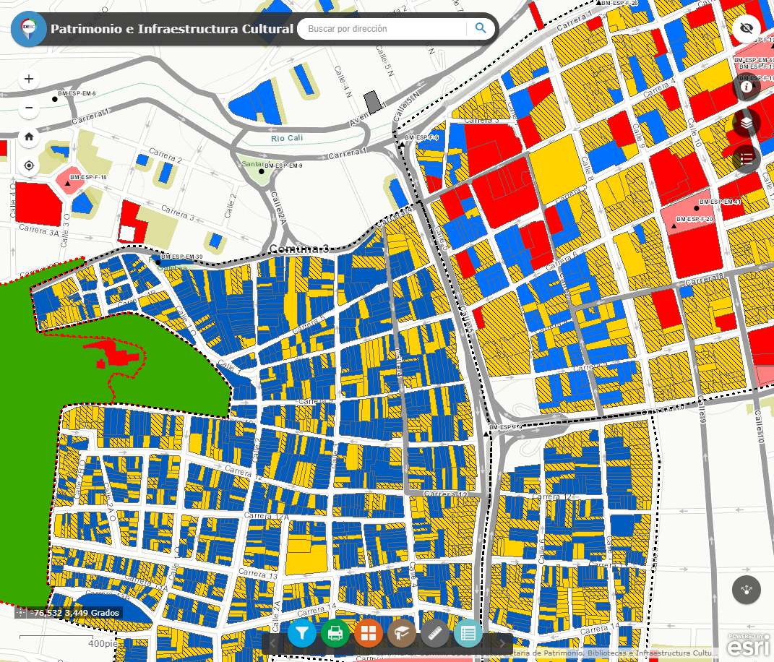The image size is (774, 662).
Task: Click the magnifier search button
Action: (x=481, y=29)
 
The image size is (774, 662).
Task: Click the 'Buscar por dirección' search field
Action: (x=382, y=29)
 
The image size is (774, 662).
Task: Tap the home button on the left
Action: (x=29, y=136)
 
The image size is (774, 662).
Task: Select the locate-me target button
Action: (x=29, y=165)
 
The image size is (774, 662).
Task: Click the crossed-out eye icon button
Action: (x=747, y=29)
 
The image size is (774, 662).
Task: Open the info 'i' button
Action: (x=747, y=87)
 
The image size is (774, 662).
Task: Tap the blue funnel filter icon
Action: (x=302, y=634)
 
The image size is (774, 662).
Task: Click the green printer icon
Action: (x=335, y=634)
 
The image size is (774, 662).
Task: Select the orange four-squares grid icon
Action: (x=369, y=634)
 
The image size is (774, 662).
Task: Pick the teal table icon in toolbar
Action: (x=468, y=634)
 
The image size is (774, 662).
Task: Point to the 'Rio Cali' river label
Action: (x=287, y=138)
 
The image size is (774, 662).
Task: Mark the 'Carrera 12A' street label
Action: (x=266, y=516)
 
